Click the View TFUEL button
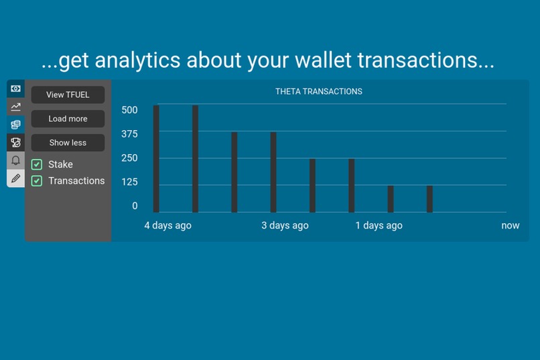pos(68,95)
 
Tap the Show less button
pos(68,143)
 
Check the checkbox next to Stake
pos(37,164)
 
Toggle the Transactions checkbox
pos(37,181)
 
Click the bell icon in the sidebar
pos(15,160)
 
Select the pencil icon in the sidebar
pos(15,178)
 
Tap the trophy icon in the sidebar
pos(15,142)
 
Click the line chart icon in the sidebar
pos(15,106)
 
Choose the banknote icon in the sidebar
pos(15,88)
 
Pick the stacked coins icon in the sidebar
pos(15,124)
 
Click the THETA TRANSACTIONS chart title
pos(318,91)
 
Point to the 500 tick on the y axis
pos(129,110)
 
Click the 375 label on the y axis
pos(129,134)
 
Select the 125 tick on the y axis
pos(129,182)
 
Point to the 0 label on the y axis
pos(135,206)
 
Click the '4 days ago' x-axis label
pos(167,225)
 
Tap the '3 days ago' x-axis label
pos(285,225)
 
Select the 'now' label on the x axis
pos(510,225)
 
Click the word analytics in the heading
pos(138,60)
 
